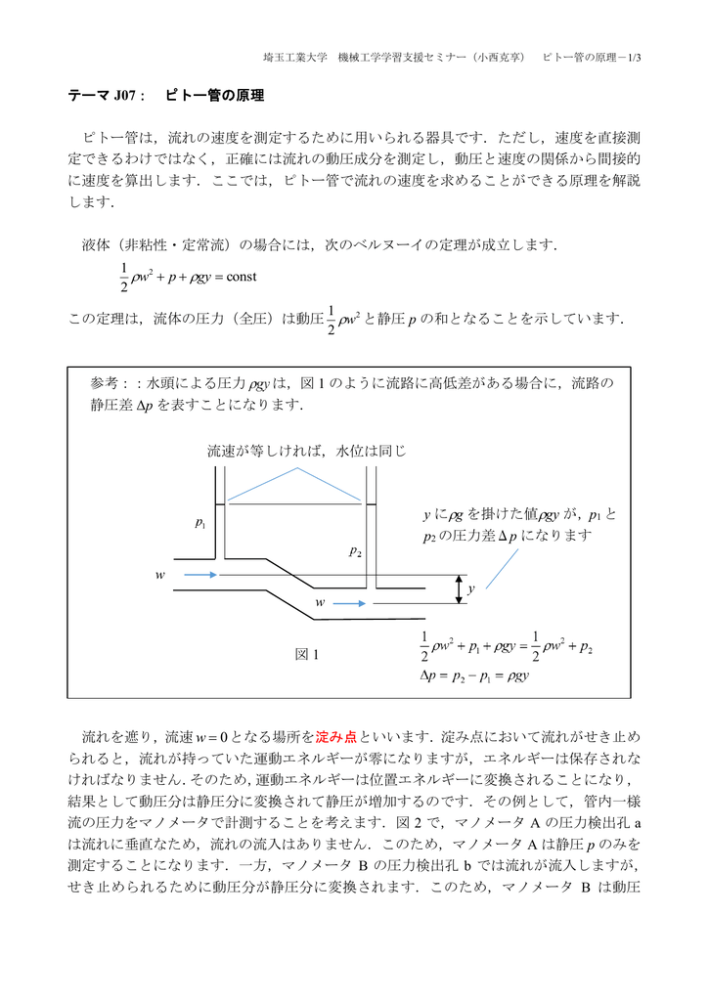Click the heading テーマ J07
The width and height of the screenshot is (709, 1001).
(x=105, y=97)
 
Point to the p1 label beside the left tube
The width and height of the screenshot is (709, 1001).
(x=200, y=524)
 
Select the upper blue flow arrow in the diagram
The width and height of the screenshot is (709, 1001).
(x=200, y=575)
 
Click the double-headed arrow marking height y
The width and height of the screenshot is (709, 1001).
(x=457, y=589)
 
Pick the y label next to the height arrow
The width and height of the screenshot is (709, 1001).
(x=470, y=589)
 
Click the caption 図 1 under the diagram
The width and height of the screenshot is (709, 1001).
(x=307, y=654)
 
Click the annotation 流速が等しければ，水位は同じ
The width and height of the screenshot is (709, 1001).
(x=305, y=452)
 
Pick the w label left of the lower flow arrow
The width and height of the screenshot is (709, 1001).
(x=319, y=603)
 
